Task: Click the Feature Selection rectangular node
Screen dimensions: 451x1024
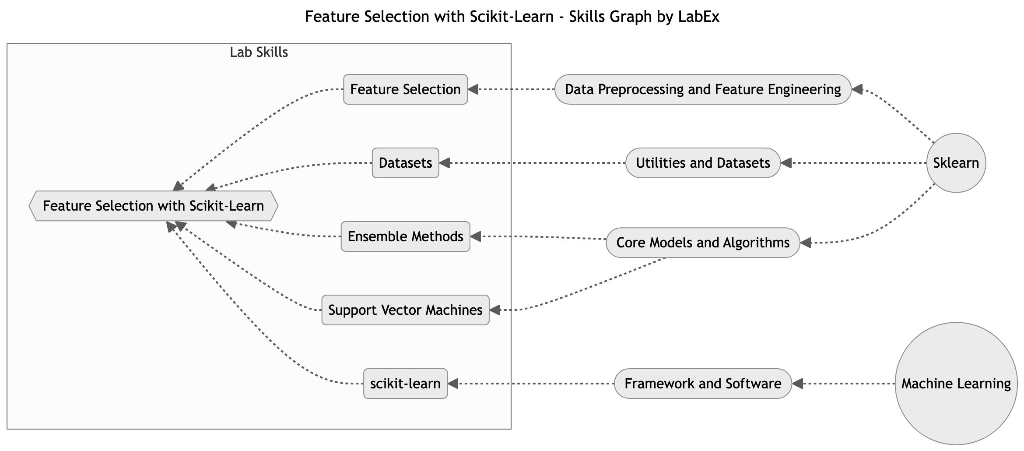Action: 405,89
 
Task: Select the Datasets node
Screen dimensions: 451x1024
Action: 405,163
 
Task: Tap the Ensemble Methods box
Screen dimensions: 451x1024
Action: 405,236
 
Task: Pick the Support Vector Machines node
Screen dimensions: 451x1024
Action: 405,310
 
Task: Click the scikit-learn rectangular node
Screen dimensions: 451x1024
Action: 405,384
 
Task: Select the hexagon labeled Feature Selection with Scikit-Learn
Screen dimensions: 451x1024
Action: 153,206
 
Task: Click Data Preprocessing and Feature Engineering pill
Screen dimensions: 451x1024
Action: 703,89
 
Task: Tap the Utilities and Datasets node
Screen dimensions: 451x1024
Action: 703,163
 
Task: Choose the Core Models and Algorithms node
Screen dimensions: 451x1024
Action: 703,243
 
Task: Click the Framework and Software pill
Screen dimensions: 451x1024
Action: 703,384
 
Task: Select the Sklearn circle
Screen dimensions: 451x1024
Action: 956,163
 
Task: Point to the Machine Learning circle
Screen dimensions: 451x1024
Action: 956,384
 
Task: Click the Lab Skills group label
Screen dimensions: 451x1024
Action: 259,53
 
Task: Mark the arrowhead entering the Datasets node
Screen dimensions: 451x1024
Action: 445,163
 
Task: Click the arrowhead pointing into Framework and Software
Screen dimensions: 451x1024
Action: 798,384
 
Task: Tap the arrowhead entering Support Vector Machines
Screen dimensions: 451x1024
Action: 495,310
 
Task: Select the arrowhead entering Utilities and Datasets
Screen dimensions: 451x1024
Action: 786,163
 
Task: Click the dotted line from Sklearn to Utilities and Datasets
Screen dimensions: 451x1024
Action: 858,163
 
